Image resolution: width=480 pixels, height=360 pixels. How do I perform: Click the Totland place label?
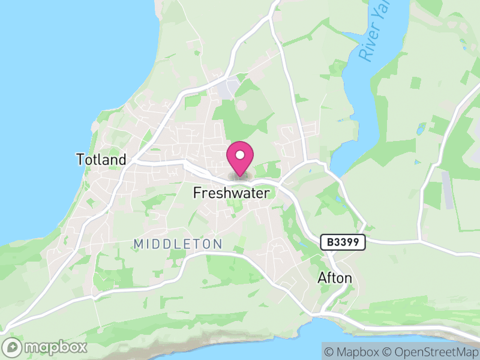pyautogui.click(x=101, y=160)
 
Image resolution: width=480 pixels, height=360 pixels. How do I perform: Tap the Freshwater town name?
pyautogui.click(x=231, y=193)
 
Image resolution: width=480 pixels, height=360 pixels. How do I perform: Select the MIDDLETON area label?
pyautogui.click(x=178, y=244)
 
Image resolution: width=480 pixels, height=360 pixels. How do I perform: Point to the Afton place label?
pyautogui.click(x=335, y=279)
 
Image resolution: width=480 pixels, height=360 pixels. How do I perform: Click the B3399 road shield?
pyautogui.click(x=343, y=242)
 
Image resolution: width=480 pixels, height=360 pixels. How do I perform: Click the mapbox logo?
pyautogui.click(x=46, y=347)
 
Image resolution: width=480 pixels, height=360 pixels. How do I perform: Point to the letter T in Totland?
pyautogui.click(x=80, y=160)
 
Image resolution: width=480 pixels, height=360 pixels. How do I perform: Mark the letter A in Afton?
pyautogui.click(x=322, y=279)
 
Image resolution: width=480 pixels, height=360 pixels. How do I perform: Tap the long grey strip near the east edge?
pyautogui.click(x=448, y=190)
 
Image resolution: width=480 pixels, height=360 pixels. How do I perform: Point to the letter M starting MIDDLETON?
pyautogui.click(x=139, y=244)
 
